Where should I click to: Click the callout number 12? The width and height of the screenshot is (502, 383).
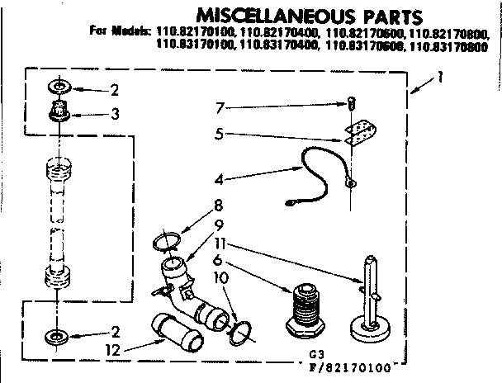click(x=114, y=350)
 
